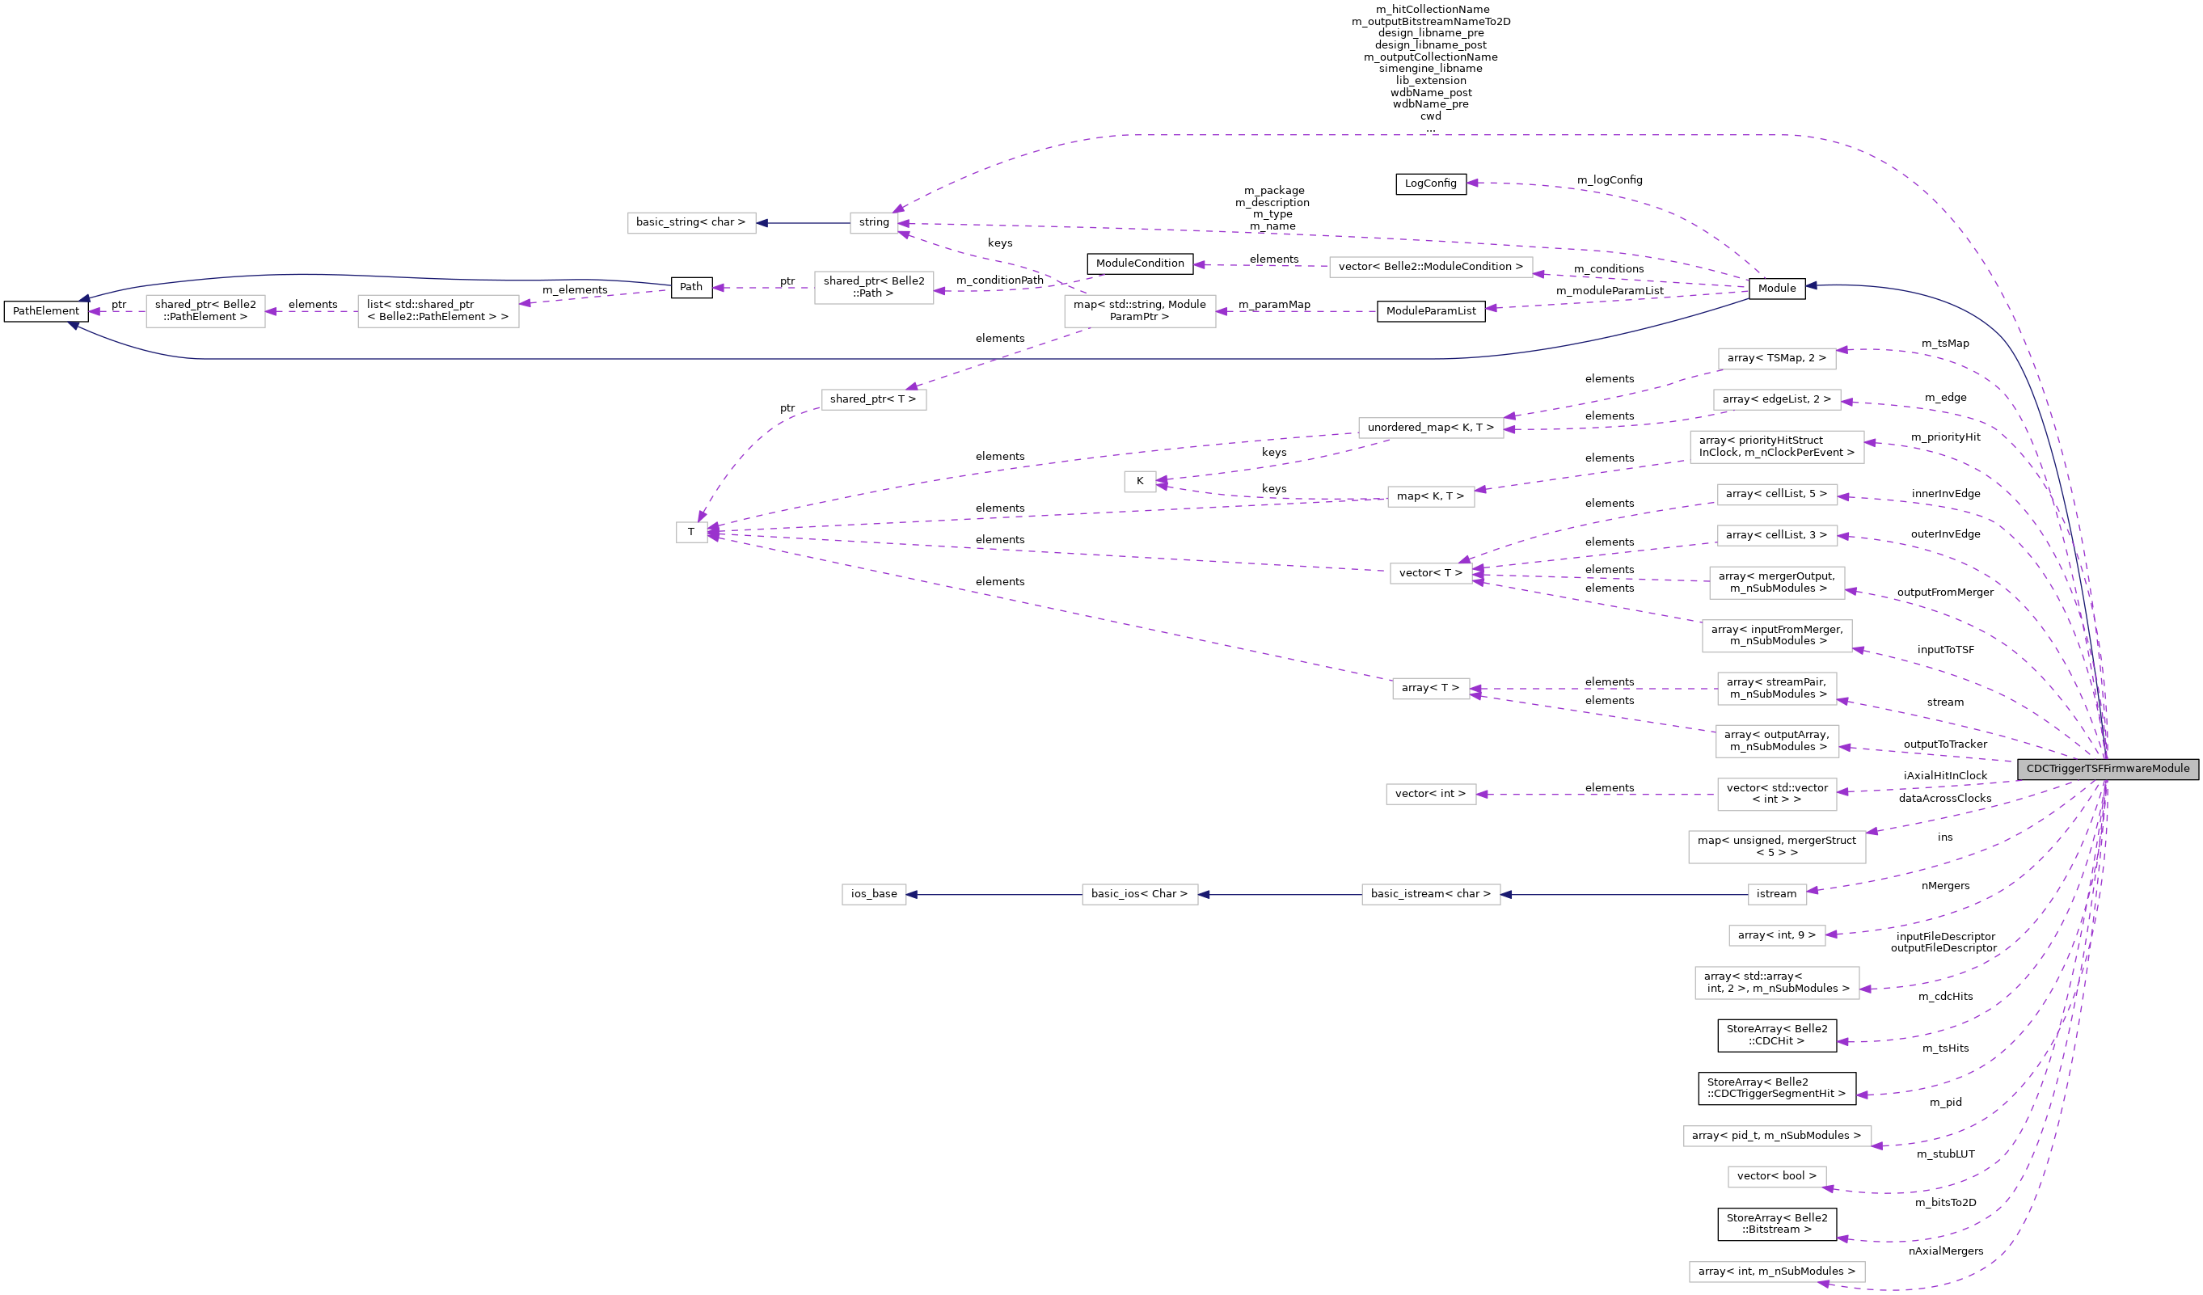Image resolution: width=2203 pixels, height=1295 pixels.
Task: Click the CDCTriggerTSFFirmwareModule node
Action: coord(2107,769)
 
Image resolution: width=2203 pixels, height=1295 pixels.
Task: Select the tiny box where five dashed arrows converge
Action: coord(691,532)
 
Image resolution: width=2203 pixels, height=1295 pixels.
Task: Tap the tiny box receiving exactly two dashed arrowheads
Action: coord(1139,482)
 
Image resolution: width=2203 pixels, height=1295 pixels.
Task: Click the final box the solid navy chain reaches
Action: coord(873,895)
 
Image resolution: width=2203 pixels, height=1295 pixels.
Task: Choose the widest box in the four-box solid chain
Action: coord(1430,895)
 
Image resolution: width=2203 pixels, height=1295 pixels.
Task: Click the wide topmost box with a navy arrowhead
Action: coord(691,223)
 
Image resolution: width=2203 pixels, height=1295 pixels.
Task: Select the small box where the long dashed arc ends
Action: coord(873,223)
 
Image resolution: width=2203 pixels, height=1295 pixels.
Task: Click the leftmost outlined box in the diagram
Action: coord(205,311)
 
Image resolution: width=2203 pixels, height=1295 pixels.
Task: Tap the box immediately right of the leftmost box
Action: coord(438,311)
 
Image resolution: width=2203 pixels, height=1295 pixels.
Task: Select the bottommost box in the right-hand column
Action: coord(1776,1272)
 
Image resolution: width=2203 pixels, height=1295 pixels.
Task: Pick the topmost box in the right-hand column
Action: coord(1776,358)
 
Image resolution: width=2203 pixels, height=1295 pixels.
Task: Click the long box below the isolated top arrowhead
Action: coord(1430,267)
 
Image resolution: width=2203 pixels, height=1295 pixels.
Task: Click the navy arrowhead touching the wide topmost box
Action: coord(762,223)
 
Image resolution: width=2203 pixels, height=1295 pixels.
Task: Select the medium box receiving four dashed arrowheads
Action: coord(1430,574)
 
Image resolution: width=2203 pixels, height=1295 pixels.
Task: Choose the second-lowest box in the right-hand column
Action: coord(1776,1177)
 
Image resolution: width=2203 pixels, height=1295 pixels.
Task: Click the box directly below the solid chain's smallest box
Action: coord(1776,935)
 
